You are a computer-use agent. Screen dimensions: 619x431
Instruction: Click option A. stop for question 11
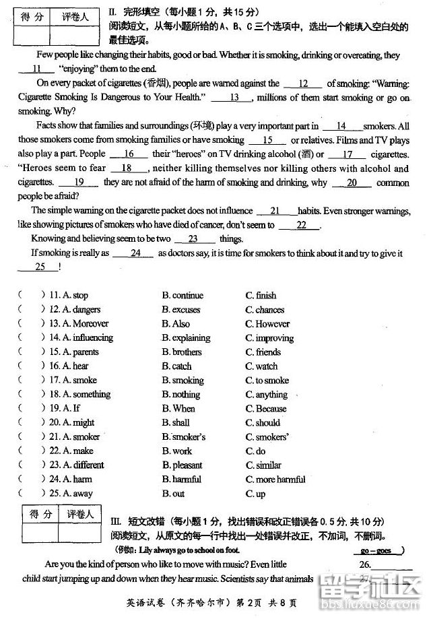point(75,295)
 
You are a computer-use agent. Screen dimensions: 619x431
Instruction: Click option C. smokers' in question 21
point(267,437)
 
